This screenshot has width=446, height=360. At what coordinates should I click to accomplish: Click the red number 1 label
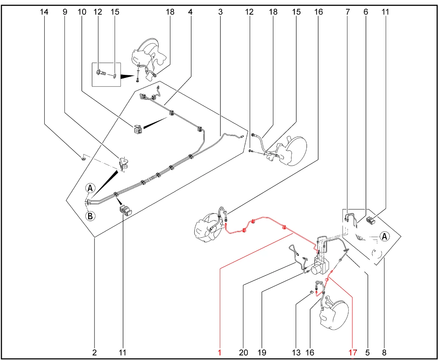(x=220, y=352)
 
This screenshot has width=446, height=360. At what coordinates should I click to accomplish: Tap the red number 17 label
(x=353, y=352)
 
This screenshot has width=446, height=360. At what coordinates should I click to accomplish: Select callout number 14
(x=44, y=12)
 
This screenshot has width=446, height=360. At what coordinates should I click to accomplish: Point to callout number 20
(x=243, y=352)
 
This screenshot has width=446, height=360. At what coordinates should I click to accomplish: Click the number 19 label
(x=262, y=352)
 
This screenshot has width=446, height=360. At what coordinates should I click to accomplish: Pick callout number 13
(x=296, y=352)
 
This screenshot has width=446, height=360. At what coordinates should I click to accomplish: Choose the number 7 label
(x=348, y=12)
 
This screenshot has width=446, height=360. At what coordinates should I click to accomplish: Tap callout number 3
(x=220, y=12)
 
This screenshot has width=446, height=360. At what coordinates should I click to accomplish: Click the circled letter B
(x=90, y=216)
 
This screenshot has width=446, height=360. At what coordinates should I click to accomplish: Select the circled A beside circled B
(x=90, y=188)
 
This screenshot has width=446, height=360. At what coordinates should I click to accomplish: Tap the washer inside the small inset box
(x=115, y=76)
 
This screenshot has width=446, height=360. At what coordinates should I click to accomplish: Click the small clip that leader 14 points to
(x=84, y=158)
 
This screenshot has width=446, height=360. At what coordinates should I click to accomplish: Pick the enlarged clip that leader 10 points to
(x=138, y=129)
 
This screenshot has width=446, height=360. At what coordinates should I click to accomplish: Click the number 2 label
(x=94, y=352)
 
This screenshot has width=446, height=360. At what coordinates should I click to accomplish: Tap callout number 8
(x=384, y=352)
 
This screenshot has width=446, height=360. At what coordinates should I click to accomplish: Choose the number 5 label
(x=367, y=352)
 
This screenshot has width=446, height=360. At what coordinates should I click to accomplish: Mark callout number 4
(x=190, y=12)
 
